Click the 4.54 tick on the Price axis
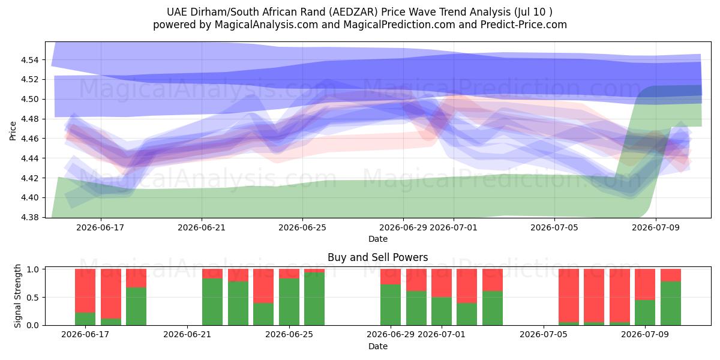pyautogui.click(x=29, y=60)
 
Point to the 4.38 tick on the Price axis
pyautogui.click(x=29, y=218)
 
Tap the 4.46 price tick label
pyautogui.click(x=29, y=139)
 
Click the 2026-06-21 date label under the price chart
pyautogui.click(x=202, y=227)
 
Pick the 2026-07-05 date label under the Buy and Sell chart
pyautogui.click(x=543, y=334)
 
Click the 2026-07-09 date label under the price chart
pyautogui.click(x=656, y=227)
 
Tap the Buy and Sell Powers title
pyautogui.click(x=377, y=257)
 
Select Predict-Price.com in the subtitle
pyautogui.click(x=524, y=25)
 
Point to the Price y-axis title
pyautogui.click(x=13, y=131)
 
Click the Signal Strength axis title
pyautogui.click(x=17, y=296)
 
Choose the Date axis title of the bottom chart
pyautogui.click(x=377, y=346)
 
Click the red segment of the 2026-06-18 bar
pyautogui.click(x=111, y=294)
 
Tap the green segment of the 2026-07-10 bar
pyautogui.click(x=671, y=304)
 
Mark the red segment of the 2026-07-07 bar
pyautogui.click(x=594, y=296)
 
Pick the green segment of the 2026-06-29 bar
pyautogui.click(x=391, y=305)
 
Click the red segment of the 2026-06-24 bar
pyautogui.click(x=263, y=286)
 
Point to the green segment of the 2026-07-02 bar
pyautogui.click(x=467, y=314)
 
